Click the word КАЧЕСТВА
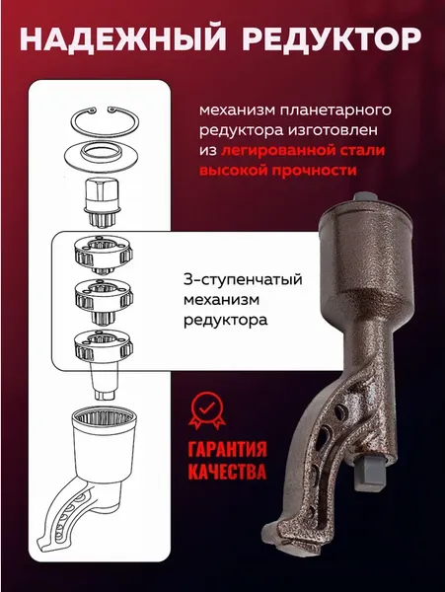click(x=226, y=473)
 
